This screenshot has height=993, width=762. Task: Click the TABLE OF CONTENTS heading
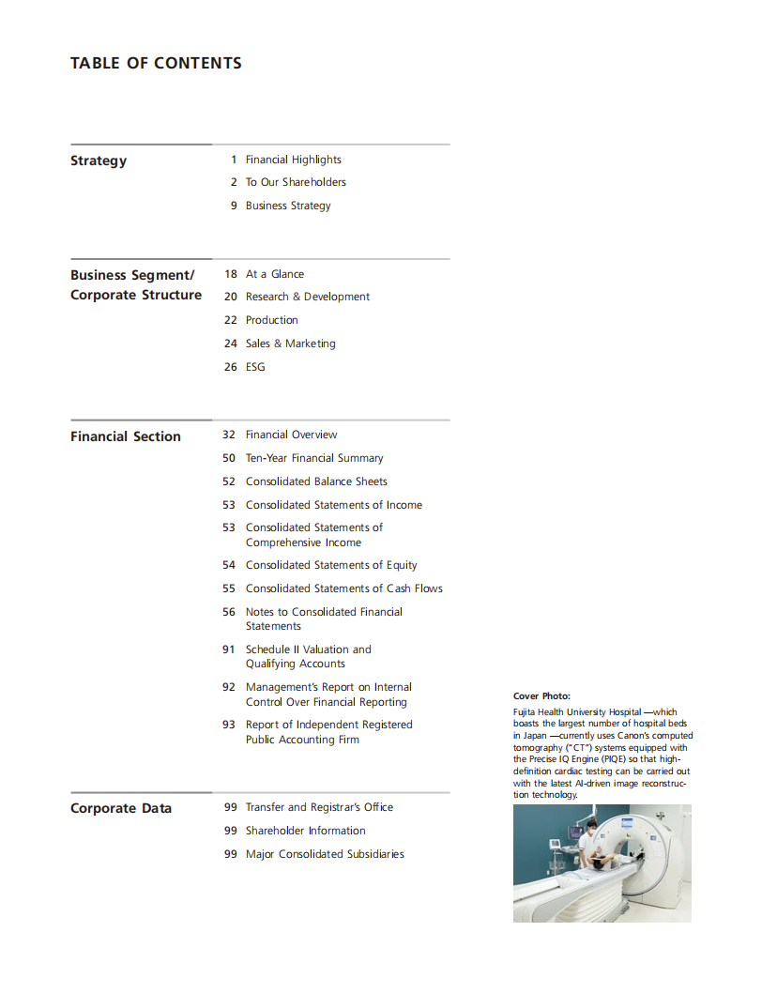[156, 64]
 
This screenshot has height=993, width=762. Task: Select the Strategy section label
[99, 160]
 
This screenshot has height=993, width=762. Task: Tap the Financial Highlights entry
[293, 160]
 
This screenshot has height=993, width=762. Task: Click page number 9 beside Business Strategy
[234, 206]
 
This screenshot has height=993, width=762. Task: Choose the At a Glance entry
[274, 274]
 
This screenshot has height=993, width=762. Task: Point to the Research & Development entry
[307, 297]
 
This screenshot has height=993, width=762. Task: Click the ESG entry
[255, 367]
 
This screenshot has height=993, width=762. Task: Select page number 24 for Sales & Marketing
[231, 344]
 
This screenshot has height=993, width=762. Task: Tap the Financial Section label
[126, 436]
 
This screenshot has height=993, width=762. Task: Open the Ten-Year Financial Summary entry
[314, 458]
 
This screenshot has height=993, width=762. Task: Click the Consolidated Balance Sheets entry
[316, 481]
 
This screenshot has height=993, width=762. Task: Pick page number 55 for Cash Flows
[229, 588]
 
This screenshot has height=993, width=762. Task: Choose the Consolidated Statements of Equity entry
[331, 565]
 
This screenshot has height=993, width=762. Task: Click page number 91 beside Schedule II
[229, 649]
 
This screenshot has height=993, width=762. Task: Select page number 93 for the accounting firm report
[229, 725]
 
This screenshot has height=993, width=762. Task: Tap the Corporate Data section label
[121, 808]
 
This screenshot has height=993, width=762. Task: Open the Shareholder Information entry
[305, 831]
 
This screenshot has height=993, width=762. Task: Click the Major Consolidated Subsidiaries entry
[325, 854]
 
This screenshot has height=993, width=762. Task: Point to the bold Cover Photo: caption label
[541, 695]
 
